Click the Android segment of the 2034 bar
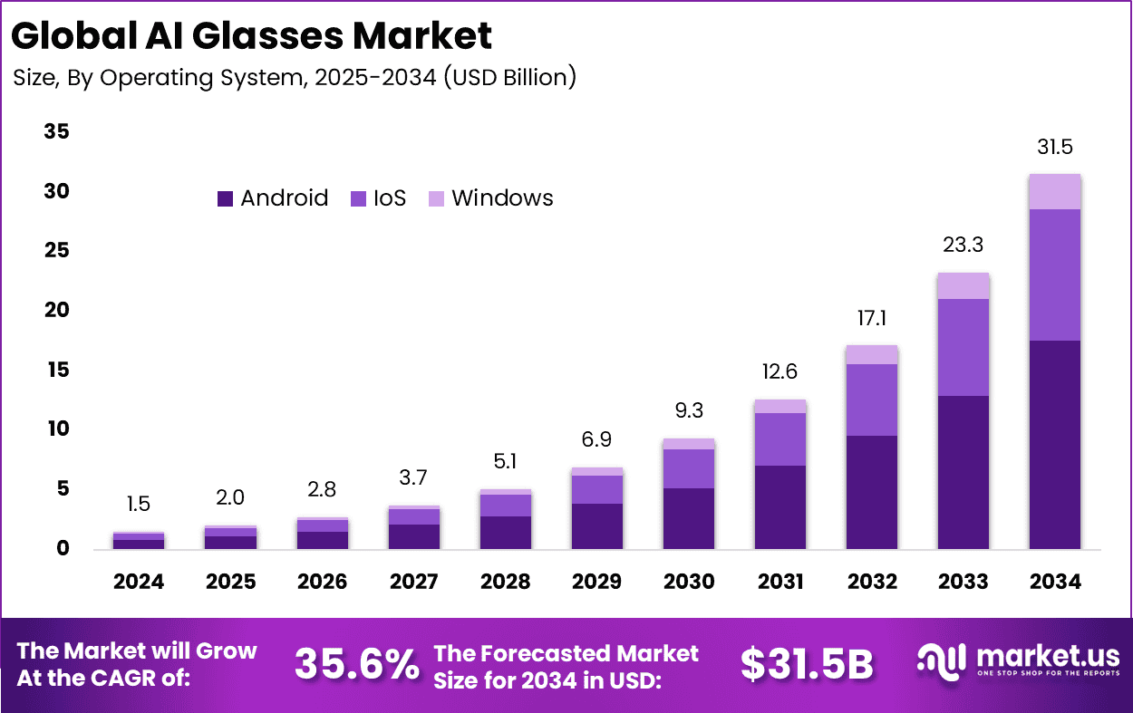click(1054, 444)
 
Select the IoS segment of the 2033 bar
click(963, 347)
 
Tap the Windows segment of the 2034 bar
click(1054, 191)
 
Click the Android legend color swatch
click(225, 198)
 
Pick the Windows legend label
click(502, 198)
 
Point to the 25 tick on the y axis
click(56, 251)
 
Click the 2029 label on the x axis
click(596, 582)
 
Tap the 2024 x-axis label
click(139, 582)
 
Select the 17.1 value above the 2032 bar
click(871, 318)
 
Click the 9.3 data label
click(688, 411)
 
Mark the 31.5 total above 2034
click(1054, 147)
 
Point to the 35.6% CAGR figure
click(356, 664)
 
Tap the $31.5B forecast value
click(807, 664)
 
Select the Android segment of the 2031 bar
click(780, 506)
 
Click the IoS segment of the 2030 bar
click(688, 468)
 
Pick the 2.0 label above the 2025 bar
click(230, 497)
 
